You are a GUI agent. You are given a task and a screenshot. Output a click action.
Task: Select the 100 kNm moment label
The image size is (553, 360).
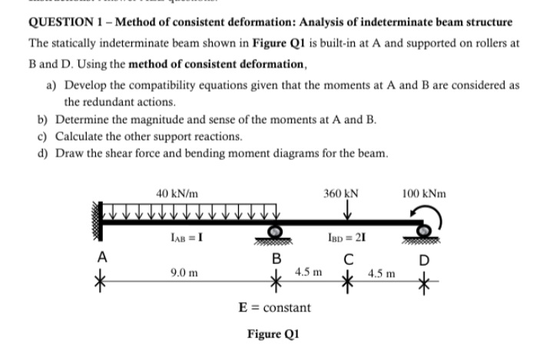[423, 193]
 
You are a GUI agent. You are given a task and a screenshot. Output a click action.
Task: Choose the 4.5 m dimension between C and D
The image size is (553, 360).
[382, 272]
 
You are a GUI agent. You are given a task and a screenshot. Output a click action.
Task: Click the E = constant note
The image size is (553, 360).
[276, 308]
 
